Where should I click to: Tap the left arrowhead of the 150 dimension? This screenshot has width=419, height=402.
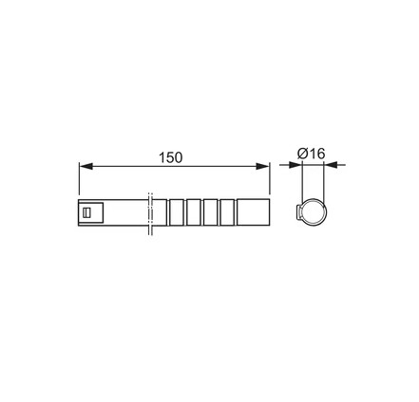(84, 165)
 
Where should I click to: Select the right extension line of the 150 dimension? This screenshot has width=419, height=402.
(270, 180)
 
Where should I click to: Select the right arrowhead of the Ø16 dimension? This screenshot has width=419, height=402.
(330, 165)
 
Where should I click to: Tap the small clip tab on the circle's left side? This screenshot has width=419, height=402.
(297, 213)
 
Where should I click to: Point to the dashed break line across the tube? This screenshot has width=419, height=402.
(149, 213)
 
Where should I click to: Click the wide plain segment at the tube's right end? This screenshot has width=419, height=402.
(253, 213)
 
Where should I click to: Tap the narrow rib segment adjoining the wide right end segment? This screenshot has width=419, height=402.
(227, 213)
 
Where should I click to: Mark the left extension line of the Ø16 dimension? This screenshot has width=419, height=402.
(302, 180)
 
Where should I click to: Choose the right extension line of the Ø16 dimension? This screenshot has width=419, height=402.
(325, 180)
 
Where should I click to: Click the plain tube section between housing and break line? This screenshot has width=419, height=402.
(124, 213)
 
